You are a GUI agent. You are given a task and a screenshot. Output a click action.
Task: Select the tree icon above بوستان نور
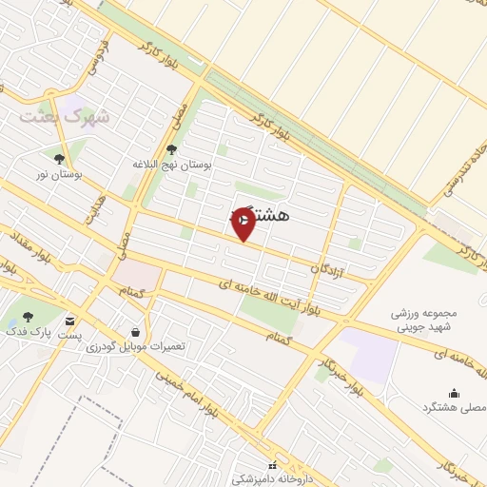60,159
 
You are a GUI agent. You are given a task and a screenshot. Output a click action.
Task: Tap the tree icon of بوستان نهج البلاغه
171,148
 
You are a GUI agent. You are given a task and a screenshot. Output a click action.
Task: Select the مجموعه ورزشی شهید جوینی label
424,321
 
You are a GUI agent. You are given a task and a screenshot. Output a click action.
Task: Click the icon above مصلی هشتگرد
454,393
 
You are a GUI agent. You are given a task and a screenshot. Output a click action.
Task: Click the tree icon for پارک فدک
27,319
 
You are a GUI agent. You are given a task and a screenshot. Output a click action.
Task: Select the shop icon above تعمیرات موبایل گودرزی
136,332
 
